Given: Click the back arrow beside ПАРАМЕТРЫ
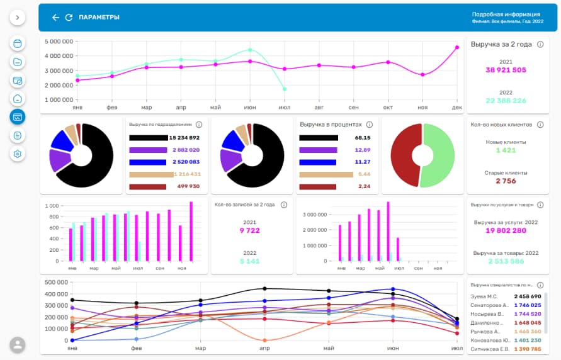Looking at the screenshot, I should tap(55, 18).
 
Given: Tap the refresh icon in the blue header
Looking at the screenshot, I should tap(69, 18).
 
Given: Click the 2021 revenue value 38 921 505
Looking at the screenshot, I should tap(506, 70).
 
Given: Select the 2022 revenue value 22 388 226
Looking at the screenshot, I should tap(506, 101).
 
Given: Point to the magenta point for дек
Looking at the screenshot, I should tap(456, 47).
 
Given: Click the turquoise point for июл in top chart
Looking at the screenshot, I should tap(285, 89).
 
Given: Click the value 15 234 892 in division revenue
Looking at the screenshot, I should tap(184, 138).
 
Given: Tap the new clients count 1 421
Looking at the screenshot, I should tap(506, 150).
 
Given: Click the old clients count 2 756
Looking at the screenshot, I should tap(506, 181).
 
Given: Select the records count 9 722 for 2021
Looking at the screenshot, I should tap(249, 230).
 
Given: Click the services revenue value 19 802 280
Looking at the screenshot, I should tap(506, 230).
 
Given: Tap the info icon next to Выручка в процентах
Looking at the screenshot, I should tap(370, 125).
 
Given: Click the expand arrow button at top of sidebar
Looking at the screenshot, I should tap(18, 18).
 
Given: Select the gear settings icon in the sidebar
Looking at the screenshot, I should tap(18, 154).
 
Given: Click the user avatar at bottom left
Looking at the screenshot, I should tap(18, 344).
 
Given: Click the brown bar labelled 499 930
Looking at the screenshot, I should tap(147, 186).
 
